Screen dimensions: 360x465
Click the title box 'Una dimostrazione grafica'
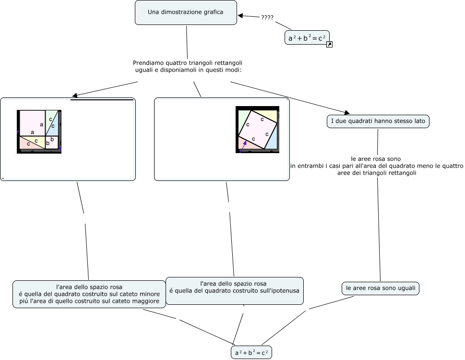click(x=186, y=12)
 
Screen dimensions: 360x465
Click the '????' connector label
click(x=267, y=18)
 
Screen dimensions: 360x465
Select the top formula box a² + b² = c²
click(x=307, y=37)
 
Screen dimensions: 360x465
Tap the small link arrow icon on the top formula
click(x=329, y=45)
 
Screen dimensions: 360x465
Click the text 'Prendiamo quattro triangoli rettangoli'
click(x=187, y=63)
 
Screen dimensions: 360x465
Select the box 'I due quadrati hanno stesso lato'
click(x=378, y=121)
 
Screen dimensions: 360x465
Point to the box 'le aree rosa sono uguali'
click(x=381, y=288)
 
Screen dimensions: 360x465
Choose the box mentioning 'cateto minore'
click(x=89, y=294)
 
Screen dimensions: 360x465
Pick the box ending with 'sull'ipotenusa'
click(x=234, y=290)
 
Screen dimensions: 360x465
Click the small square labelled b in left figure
click(x=52, y=142)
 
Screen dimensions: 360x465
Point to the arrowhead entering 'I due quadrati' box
click(x=347, y=112)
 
